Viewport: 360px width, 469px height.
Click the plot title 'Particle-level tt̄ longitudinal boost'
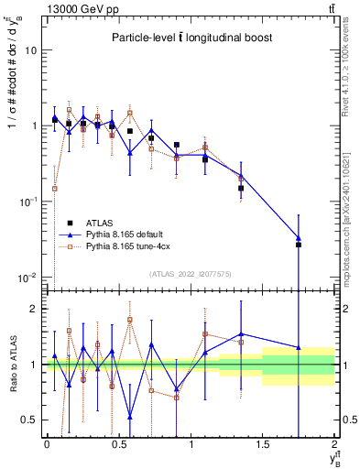[x=187, y=38]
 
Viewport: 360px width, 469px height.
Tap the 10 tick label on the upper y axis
[x=31, y=50]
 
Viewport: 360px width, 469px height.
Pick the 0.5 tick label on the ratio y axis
[x=31, y=420]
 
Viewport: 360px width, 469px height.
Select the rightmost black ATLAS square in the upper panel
[x=299, y=245]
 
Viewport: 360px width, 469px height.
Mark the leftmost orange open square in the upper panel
[x=55, y=189]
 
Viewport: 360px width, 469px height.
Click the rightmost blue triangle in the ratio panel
[x=299, y=347]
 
